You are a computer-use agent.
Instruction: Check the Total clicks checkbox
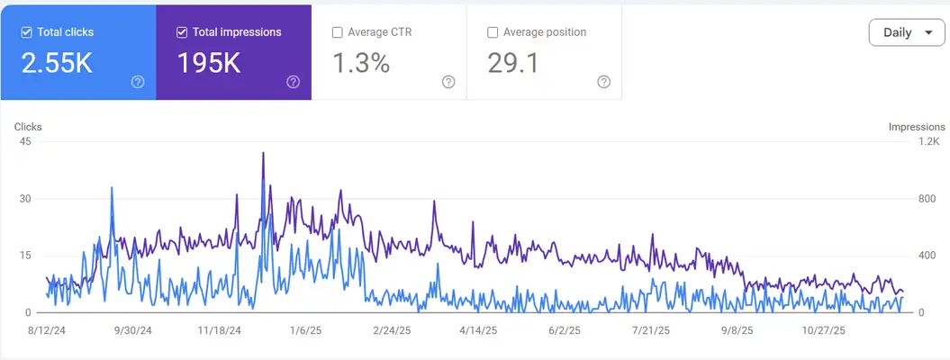pyautogui.click(x=27, y=32)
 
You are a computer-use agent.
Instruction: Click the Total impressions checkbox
pyautogui.click(x=182, y=32)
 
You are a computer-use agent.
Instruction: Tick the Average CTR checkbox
pyautogui.click(x=338, y=32)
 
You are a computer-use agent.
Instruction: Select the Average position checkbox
pyautogui.click(x=493, y=32)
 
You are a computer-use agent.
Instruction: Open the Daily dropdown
pyautogui.click(x=906, y=32)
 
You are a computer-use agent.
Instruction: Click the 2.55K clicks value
pyautogui.click(x=58, y=63)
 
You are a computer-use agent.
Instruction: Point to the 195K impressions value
pyautogui.click(x=210, y=63)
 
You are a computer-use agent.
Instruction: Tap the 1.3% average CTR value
pyautogui.click(x=361, y=63)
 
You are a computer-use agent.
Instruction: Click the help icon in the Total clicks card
pyautogui.click(x=138, y=82)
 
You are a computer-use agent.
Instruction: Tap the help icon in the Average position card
pyautogui.click(x=603, y=82)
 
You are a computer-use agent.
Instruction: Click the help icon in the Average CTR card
pyautogui.click(x=448, y=82)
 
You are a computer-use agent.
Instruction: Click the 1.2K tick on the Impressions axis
pyautogui.click(x=928, y=141)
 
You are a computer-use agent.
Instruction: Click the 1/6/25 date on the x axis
pyautogui.click(x=305, y=329)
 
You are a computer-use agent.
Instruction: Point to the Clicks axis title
pyautogui.click(x=28, y=127)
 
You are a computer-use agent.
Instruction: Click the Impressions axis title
pyautogui.click(x=916, y=127)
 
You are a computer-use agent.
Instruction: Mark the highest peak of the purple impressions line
pyautogui.click(x=263, y=153)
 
